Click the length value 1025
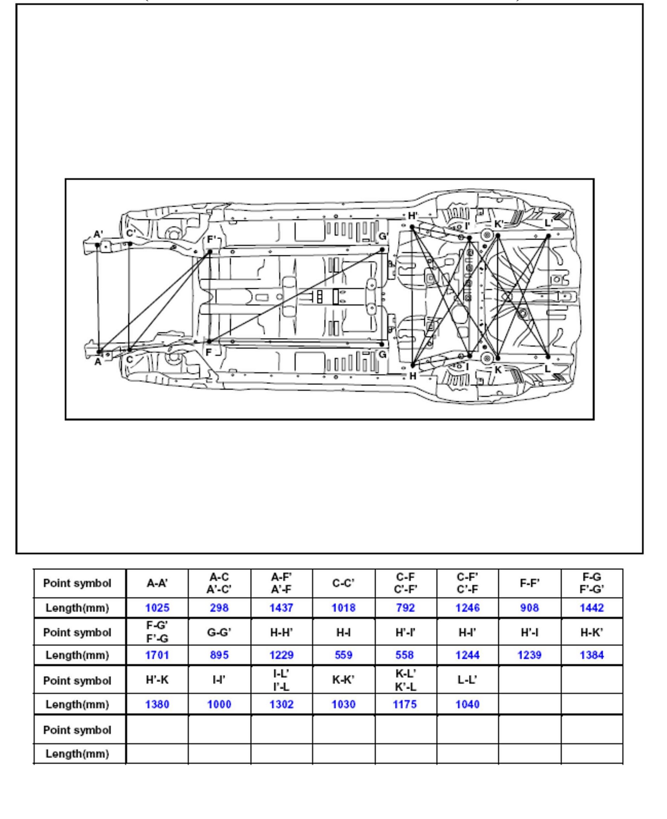point(157,608)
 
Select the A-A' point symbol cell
point(157,583)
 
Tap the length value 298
point(219,608)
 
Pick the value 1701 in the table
point(157,655)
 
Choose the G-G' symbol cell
point(219,632)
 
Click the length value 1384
point(592,655)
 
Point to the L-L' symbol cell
point(467,680)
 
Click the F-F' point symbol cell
point(530,583)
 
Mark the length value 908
point(530,608)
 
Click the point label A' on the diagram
point(98,234)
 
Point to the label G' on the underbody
point(383,236)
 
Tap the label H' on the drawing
point(413,216)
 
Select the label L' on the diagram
point(548,223)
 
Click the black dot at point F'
point(210,251)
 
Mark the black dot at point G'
point(382,250)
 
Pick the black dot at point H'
point(412,227)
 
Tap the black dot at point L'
point(548,236)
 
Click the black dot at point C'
point(130,244)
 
